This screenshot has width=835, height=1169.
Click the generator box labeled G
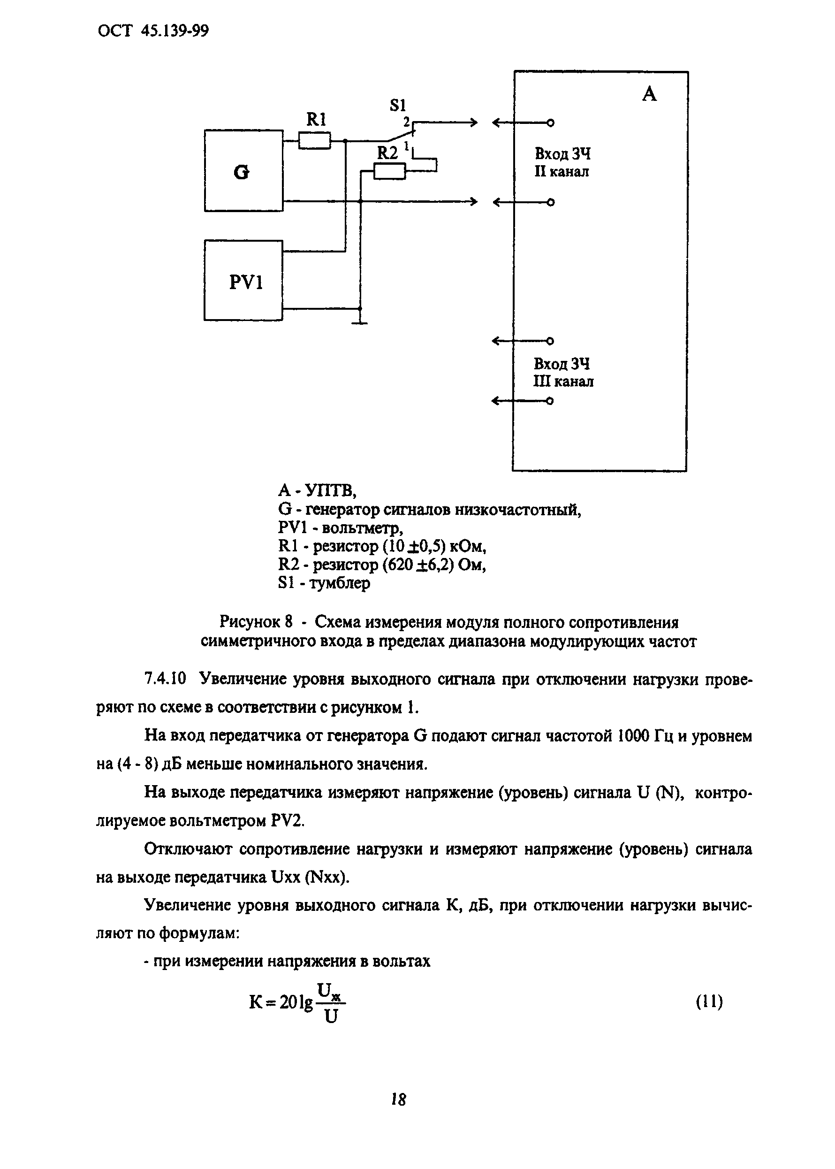coord(243,171)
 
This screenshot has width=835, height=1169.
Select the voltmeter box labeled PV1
coord(243,280)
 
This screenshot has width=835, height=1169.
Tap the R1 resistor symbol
coord(314,140)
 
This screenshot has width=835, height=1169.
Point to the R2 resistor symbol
coord(389,171)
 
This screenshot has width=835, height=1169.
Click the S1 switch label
coord(398,106)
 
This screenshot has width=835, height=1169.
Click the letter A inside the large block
coord(649,95)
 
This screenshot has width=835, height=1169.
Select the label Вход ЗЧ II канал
coord(562,162)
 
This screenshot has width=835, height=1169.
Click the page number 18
coord(398,1100)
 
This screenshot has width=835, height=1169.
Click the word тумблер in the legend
coord(340,583)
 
